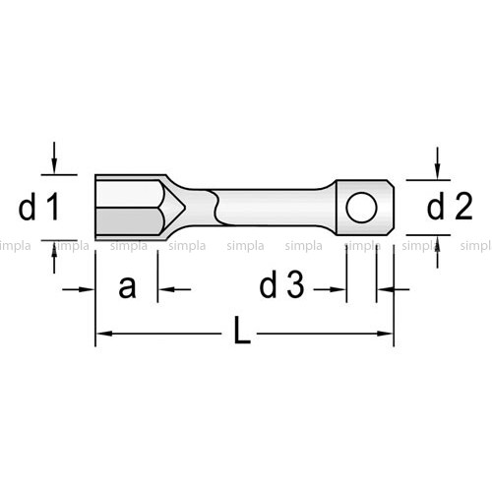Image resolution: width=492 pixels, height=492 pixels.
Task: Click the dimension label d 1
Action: point(38,207)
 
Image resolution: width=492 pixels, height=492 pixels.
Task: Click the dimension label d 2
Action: point(450,206)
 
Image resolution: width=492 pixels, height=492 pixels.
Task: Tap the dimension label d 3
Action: point(282,284)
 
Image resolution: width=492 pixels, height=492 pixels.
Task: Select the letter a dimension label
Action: point(127,287)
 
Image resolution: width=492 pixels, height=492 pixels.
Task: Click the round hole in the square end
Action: point(361,208)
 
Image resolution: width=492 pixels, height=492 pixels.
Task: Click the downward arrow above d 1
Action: point(54,157)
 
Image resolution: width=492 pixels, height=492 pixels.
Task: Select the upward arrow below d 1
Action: point(54,257)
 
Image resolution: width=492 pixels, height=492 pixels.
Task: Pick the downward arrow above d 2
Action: point(437,163)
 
